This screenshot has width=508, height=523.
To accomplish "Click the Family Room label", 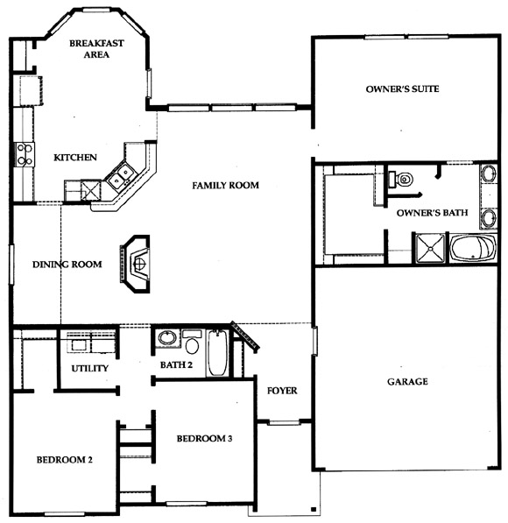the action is coord(225,185).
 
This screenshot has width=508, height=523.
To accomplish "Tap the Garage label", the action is coord(407,381).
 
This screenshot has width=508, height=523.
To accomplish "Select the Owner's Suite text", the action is coord(402,88).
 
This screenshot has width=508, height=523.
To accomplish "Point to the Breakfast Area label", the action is coord(96,49).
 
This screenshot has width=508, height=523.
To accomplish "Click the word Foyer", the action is coord(282,391).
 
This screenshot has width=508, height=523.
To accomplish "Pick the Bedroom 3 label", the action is coord(204,438).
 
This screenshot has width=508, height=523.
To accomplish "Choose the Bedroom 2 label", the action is coord(64,460).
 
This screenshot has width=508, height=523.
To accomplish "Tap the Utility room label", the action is coord(89,368).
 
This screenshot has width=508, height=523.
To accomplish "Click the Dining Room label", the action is coord(67,265).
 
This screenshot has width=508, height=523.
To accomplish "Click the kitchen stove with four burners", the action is coord(25,154).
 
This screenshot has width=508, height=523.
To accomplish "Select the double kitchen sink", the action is coord(120,176).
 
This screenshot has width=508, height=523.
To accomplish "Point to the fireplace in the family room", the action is coord(135,264).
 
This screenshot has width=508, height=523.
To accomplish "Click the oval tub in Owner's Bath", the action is coord(473,249).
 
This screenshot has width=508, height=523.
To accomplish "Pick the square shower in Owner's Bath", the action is coord(430,248).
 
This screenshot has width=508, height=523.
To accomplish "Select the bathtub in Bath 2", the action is coord(218,352).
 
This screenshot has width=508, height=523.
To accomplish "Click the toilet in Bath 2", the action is coord(192,343).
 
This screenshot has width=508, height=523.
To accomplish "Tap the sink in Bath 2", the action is coord(167,338).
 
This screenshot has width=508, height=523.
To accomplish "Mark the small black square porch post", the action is coord(314,509).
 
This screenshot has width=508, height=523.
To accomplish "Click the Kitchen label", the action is coord(75,158).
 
